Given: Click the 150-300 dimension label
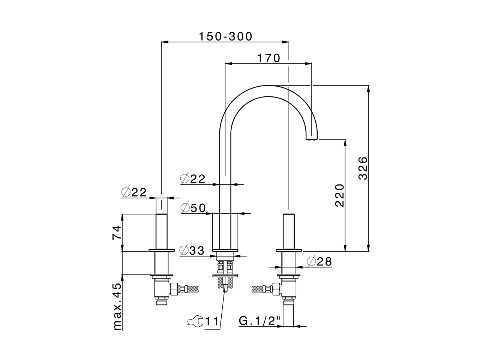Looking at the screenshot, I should [225, 36].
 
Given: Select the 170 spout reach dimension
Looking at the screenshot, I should [268, 58].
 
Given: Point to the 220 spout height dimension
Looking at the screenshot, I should [339, 195].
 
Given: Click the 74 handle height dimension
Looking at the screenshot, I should [117, 232].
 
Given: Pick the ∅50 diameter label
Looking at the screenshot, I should [193, 208].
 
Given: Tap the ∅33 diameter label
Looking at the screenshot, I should [192, 250].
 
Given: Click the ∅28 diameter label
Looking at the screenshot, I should [319, 261].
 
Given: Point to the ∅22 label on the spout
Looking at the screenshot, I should [193, 179].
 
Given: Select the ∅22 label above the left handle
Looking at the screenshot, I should [134, 192].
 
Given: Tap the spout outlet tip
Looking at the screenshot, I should [312, 138].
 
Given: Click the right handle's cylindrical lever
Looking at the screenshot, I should [288, 231].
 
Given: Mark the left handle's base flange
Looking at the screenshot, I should [162, 250].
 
